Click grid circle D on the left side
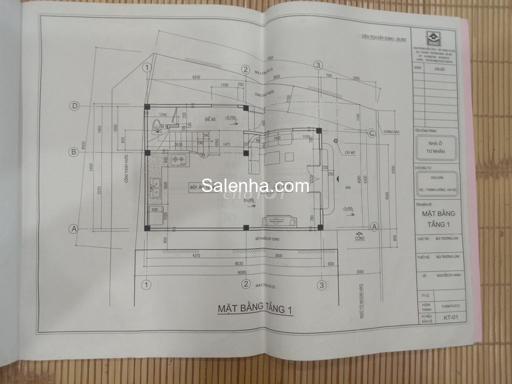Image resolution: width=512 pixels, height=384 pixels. [74, 106]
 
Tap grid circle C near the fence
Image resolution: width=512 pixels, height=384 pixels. [371, 133]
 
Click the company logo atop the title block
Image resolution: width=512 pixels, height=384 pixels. [431, 37]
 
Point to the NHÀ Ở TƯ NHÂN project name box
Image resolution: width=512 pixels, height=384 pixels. [435, 147]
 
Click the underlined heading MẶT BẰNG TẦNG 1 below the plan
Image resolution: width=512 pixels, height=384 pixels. [254, 308]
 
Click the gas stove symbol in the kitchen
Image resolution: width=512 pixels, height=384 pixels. [178, 159]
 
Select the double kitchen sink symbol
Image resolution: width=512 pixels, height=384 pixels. [154, 186]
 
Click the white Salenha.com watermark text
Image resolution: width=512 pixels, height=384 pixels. [255, 186]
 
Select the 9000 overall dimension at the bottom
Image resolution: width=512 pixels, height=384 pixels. [241, 272]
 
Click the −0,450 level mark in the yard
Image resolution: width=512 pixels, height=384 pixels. [348, 208]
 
